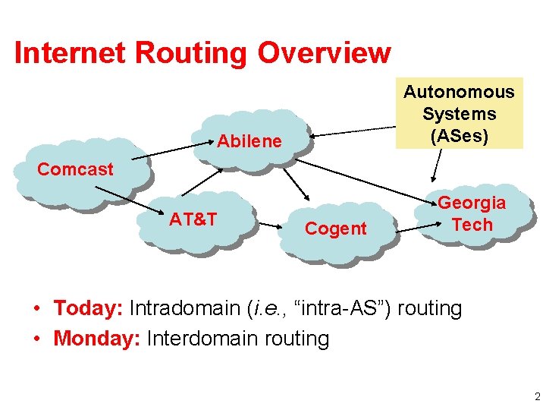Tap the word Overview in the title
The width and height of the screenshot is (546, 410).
[x=325, y=53]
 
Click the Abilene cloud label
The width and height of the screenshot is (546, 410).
[x=249, y=141]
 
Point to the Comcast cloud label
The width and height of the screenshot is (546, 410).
[x=75, y=169]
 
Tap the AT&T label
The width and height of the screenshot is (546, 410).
[x=193, y=220]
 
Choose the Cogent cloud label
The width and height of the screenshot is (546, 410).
[x=335, y=229]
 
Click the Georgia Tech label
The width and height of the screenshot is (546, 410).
[x=472, y=214]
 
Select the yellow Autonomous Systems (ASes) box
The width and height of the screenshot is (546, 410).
[x=458, y=114]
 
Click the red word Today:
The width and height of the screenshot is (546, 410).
[x=89, y=309]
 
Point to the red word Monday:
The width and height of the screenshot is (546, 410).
[x=97, y=339]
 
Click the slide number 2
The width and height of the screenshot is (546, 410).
[x=537, y=397]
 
